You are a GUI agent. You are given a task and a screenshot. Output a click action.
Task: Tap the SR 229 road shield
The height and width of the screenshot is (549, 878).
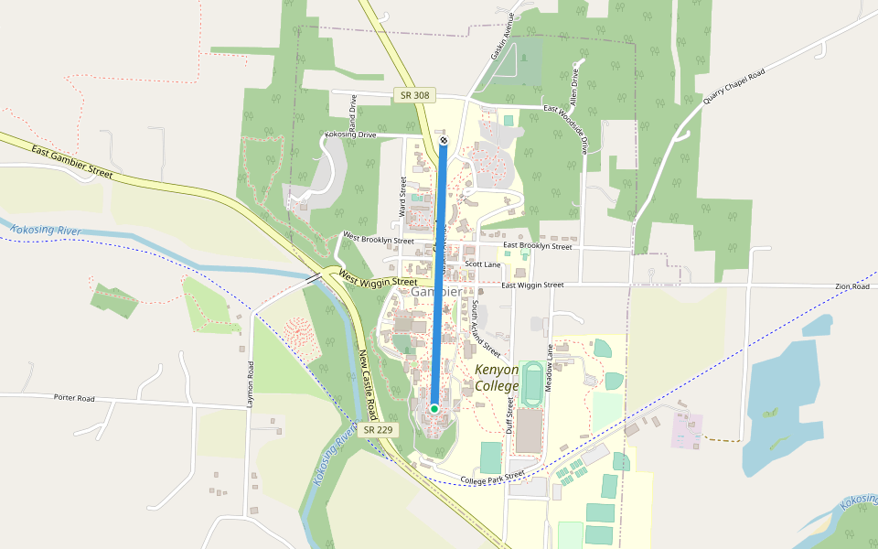(x=380, y=429)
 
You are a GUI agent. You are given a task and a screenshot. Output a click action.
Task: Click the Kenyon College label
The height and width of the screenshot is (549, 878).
(x=497, y=378)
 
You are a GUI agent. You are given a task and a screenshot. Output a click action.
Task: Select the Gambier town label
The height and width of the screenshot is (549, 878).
(x=435, y=292)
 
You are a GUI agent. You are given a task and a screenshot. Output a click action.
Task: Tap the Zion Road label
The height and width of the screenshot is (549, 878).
(x=852, y=287)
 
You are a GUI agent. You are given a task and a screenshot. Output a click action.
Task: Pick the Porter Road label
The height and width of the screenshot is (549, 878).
(x=74, y=398)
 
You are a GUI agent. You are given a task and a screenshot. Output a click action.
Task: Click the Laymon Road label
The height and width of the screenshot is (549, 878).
(x=249, y=383)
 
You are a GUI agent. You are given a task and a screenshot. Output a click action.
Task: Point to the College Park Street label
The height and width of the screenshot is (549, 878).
(x=492, y=478)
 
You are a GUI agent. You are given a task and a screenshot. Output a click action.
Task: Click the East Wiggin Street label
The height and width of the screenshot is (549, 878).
(x=532, y=285)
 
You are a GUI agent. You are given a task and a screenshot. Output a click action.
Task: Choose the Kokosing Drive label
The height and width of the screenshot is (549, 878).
(x=350, y=135)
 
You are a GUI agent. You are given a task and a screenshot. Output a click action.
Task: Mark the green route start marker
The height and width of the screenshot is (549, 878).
(x=434, y=408)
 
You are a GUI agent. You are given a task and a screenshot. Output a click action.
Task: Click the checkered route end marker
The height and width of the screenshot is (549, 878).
(x=444, y=141)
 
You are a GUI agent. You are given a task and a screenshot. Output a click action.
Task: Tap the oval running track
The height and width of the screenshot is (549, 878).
(x=532, y=383)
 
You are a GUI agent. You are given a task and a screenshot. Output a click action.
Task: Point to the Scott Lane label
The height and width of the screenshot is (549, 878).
(x=483, y=264)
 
